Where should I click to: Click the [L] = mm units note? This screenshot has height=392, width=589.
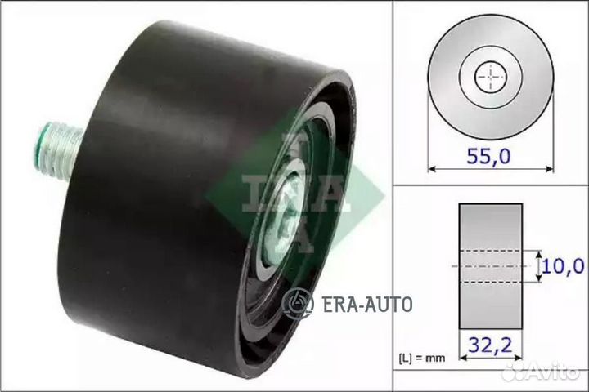click(x=423, y=358)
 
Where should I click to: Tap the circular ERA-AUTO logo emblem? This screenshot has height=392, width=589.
click(x=299, y=305)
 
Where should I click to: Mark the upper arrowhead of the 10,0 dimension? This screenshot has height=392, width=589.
click(x=539, y=253)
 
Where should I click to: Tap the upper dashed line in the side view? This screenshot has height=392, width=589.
click(x=490, y=251)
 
